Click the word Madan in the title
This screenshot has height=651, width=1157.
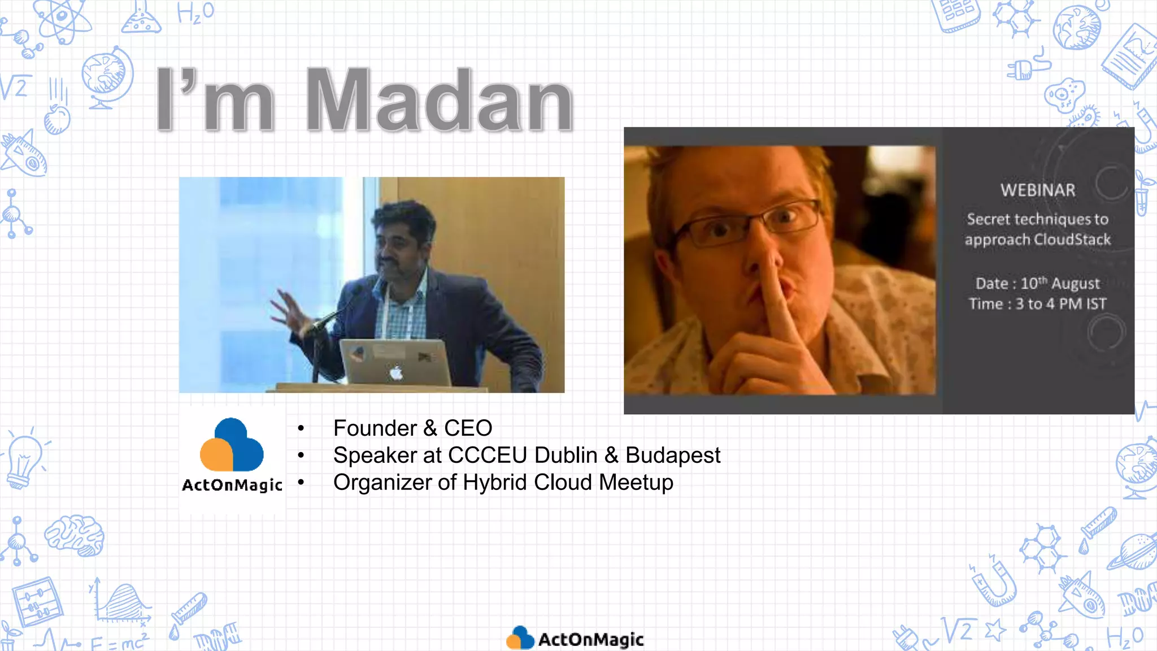tap(440, 101)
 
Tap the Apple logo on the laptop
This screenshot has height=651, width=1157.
tap(396, 372)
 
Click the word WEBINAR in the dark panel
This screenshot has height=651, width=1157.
tap(1038, 190)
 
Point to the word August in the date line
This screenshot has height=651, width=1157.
tap(1075, 284)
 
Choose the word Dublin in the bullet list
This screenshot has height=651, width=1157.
tap(566, 455)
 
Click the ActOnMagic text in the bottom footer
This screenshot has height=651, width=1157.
tap(590, 640)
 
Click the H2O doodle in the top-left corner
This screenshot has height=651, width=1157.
tap(195, 12)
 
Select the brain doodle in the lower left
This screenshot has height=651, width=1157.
tap(75, 534)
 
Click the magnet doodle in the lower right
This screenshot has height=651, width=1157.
tap(995, 582)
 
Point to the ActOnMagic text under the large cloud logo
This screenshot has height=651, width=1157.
tap(232, 485)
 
